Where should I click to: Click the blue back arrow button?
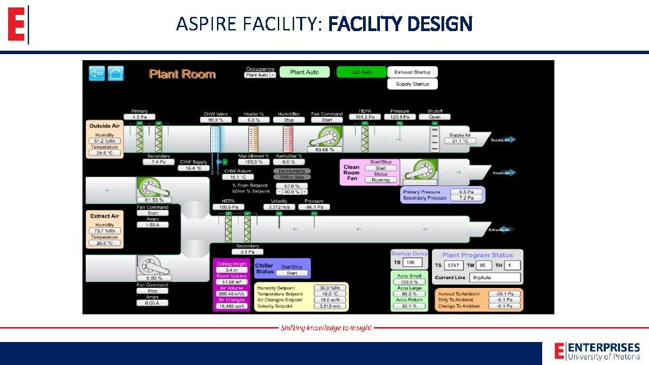point(97,73)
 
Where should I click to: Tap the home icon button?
point(116,73)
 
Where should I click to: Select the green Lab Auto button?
point(361,72)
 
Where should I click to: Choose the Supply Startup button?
point(412,84)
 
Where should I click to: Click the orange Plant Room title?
point(182,74)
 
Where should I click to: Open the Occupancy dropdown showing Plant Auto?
point(260,75)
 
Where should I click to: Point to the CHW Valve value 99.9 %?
point(216,120)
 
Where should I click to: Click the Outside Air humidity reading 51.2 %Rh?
point(103,141)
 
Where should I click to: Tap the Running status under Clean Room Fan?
point(381,180)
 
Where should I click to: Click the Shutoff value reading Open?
point(434,117)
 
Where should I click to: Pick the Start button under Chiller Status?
point(292,273)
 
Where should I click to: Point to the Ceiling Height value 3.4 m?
point(231,270)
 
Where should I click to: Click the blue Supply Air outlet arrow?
point(502,140)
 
